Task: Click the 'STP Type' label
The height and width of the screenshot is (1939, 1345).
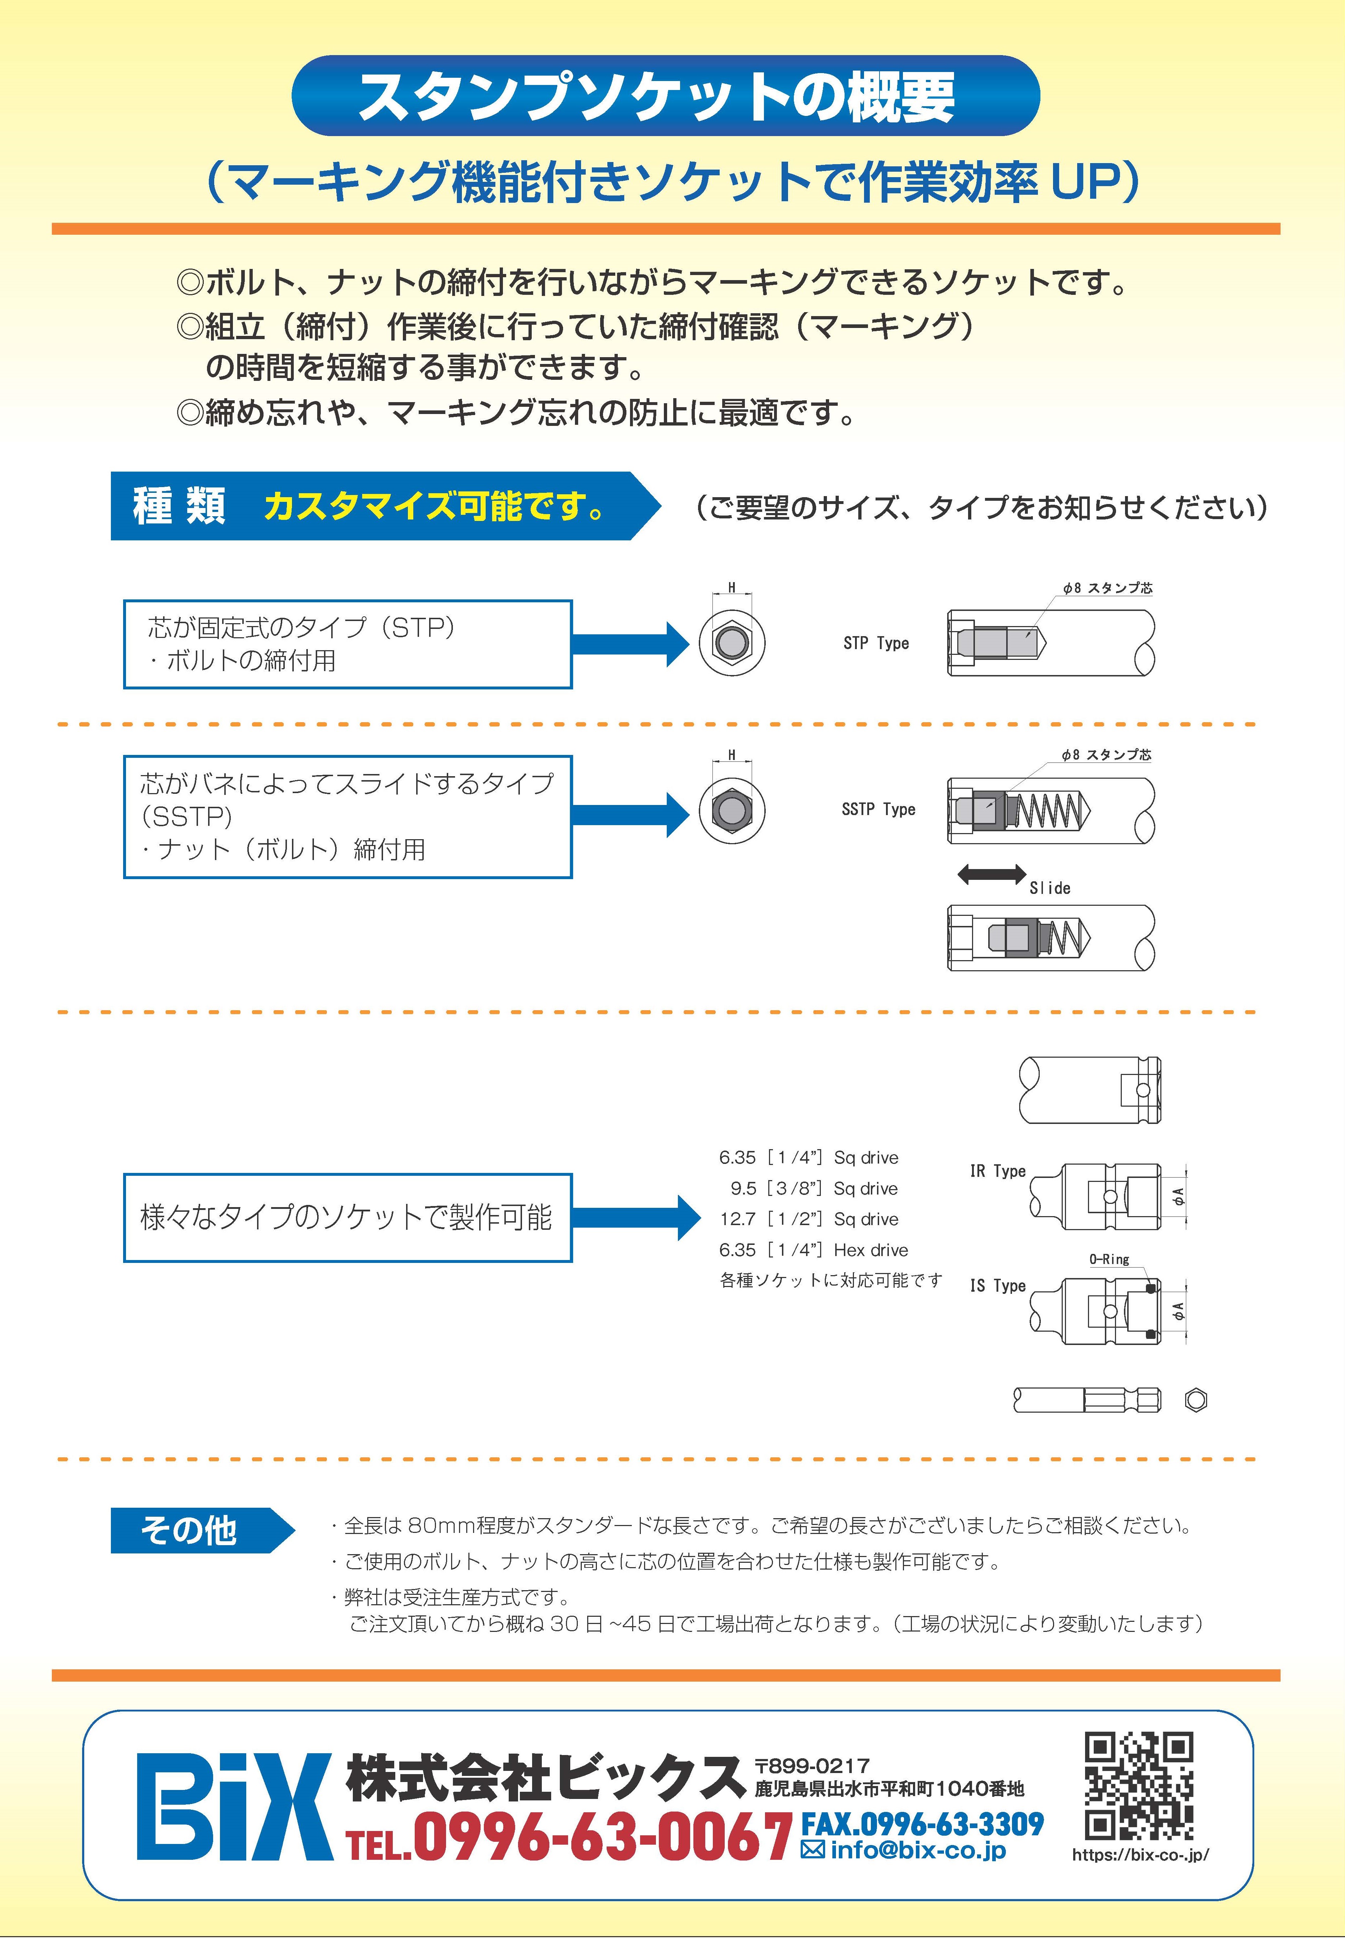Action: tap(876, 643)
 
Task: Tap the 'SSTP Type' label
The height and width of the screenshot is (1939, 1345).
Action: tap(878, 809)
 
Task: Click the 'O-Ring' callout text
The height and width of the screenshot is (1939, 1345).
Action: tap(1109, 1259)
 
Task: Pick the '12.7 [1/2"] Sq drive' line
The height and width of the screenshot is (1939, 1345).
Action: tap(809, 1219)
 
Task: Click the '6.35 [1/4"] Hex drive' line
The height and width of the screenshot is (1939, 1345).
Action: tap(813, 1250)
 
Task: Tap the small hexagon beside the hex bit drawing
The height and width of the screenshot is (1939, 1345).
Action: tap(1196, 1400)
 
